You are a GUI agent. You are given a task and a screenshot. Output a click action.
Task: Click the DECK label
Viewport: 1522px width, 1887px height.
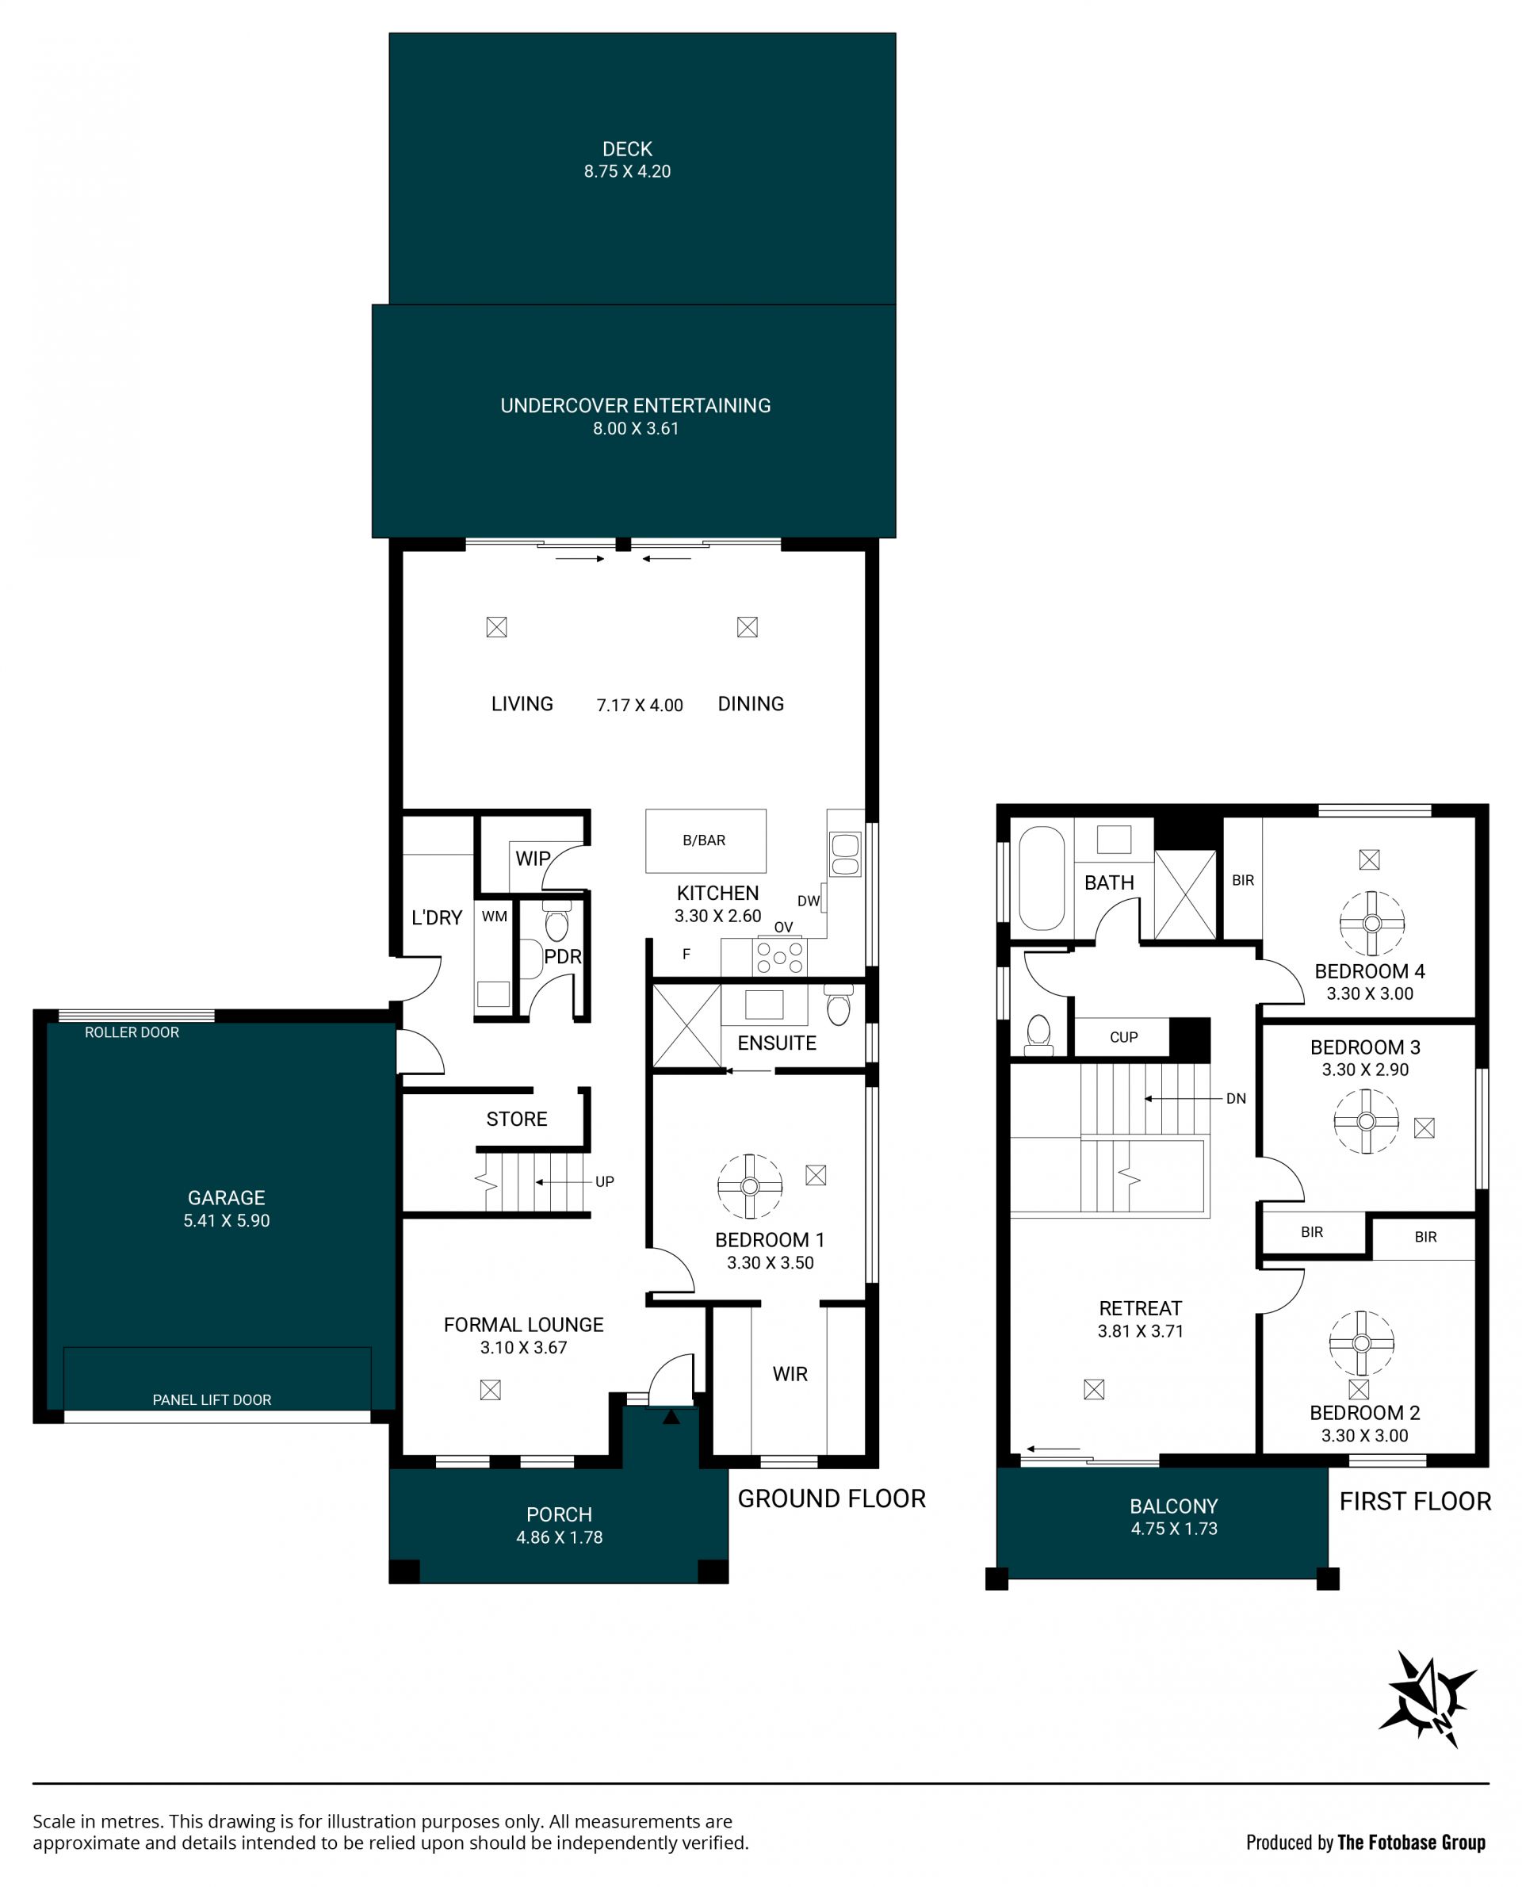click(x=627, y=149)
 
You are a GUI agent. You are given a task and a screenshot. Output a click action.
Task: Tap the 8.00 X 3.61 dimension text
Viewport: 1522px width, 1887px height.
click(x=636, y=429)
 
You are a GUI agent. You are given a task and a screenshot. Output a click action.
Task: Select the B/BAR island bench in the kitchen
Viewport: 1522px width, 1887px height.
click(x=706, y=840)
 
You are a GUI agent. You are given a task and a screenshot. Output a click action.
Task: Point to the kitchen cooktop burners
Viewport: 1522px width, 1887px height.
click(x=779, y=955)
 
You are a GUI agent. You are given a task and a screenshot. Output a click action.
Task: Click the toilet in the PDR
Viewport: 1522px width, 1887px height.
click(x=556, y=921)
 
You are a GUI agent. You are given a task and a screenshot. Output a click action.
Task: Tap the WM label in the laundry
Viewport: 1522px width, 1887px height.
click(x=495, y=917)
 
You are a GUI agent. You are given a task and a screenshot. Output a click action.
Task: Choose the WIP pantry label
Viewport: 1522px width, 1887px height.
click(x=533, y=859)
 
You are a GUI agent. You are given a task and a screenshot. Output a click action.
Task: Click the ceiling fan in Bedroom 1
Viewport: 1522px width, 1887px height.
click(x=750, y=1185)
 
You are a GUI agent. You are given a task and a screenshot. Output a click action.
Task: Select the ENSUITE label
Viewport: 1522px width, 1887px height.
click(x=777, y=1043)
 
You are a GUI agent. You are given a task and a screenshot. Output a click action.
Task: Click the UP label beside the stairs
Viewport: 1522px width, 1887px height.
click(x=605, y=1181)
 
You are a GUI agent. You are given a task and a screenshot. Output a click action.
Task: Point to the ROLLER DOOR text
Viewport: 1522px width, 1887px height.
click(x=132, y=1032)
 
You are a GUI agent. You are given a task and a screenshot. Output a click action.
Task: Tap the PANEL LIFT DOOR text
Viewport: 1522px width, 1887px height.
click(x=212, y=1399)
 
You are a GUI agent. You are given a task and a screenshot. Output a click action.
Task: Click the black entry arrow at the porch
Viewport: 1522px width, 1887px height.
click(x=671, y=1416)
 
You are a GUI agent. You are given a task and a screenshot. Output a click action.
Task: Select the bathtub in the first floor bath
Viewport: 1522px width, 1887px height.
click(x=1042, y=877)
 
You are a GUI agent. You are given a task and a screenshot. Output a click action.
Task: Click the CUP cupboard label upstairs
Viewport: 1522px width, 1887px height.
click(x=1124, y=1037)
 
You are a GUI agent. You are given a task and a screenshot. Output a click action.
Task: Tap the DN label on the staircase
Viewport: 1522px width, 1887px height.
click(x=1236, y=1098)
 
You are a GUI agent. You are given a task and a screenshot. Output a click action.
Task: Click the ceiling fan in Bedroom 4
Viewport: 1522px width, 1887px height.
click(x=1372, y=922)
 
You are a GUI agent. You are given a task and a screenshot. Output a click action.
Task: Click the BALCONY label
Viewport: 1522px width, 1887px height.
click(x=1174, y=1506)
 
